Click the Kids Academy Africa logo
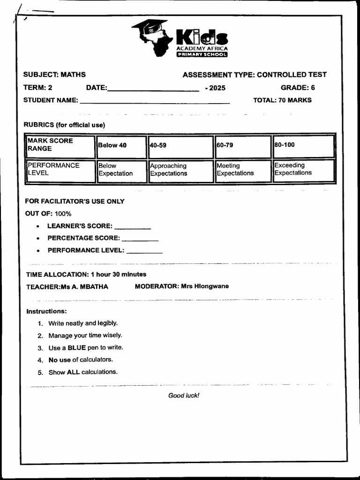180,38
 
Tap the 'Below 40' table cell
121,146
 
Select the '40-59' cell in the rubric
180,146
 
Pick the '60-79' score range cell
242,146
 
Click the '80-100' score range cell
303,145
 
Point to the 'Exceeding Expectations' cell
303,170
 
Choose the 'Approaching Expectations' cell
180,170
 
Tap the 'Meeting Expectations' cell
242,170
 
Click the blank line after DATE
153,90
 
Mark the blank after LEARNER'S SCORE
133,228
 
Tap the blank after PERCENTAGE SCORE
140,240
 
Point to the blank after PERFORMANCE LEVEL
144,252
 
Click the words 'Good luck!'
184,396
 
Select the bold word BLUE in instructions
76,348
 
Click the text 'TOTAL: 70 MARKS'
282,100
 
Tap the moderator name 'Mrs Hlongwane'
205,286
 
